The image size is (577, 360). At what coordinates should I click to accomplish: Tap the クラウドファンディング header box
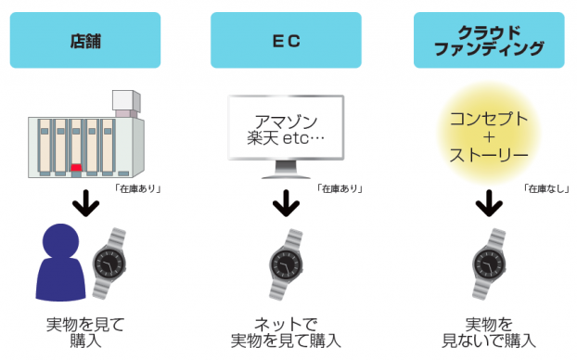[x=488, y=40]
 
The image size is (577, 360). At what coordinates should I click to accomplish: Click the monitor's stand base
[x=285, y=175]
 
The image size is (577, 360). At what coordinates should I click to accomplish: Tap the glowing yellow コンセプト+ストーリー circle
[x=488, y=135]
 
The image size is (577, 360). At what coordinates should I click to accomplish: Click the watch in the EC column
[x=285, y=264]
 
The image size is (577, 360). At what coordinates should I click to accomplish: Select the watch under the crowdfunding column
[x=488, y=264]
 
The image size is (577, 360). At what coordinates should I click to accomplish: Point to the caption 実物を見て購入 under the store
[x=84, y=332]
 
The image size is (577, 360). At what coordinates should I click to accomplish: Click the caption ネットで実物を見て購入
[x=285, y=332]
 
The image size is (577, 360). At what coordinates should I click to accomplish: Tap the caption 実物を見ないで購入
[x=488, y=332]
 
